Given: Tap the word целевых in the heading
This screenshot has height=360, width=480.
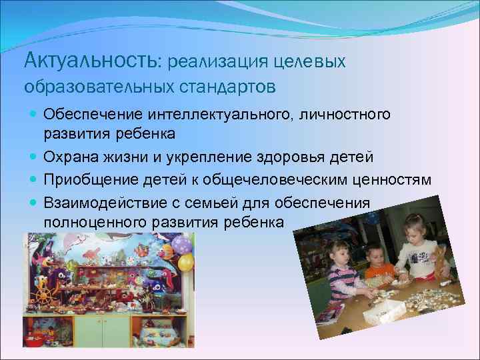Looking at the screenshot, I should [314, 61].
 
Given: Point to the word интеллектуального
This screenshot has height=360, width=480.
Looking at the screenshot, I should [214, 115].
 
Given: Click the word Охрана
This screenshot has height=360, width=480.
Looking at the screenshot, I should [69, 157].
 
